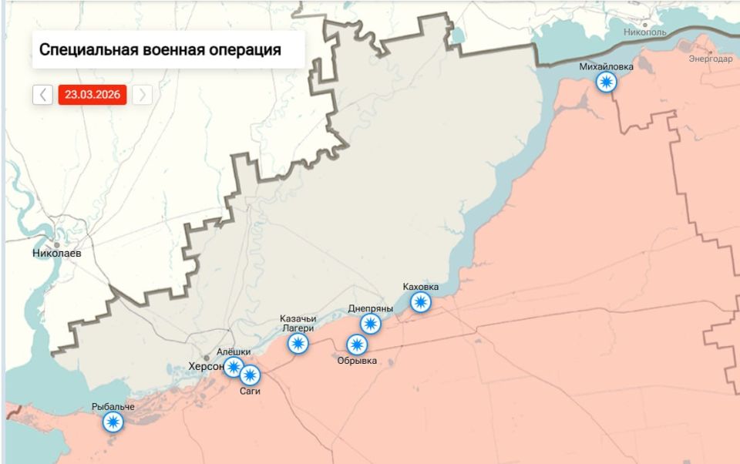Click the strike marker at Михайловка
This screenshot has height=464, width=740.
[607, 82]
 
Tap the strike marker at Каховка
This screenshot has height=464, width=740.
[420, 301]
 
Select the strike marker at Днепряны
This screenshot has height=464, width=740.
[371, 324]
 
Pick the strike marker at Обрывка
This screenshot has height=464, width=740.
[357, 345]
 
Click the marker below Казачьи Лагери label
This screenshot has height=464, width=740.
[298, 343]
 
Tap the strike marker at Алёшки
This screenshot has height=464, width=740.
[234, 367]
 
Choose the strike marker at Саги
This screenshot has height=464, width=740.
[250, 375]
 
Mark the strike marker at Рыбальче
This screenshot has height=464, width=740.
[113, 421]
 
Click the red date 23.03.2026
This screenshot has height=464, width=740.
[92, 95]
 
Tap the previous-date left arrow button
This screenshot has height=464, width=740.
[43, 95]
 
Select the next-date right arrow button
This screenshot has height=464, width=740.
[142, 95]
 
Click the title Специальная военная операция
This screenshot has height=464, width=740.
[160, 51]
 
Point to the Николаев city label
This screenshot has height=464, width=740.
[57, 253]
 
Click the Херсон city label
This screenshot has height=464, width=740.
[207, 367]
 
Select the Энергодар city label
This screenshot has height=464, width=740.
[711, 59]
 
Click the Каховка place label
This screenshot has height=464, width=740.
[421, 287]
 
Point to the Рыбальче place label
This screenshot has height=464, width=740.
[113, 406]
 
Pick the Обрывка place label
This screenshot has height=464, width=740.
[357, 360]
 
